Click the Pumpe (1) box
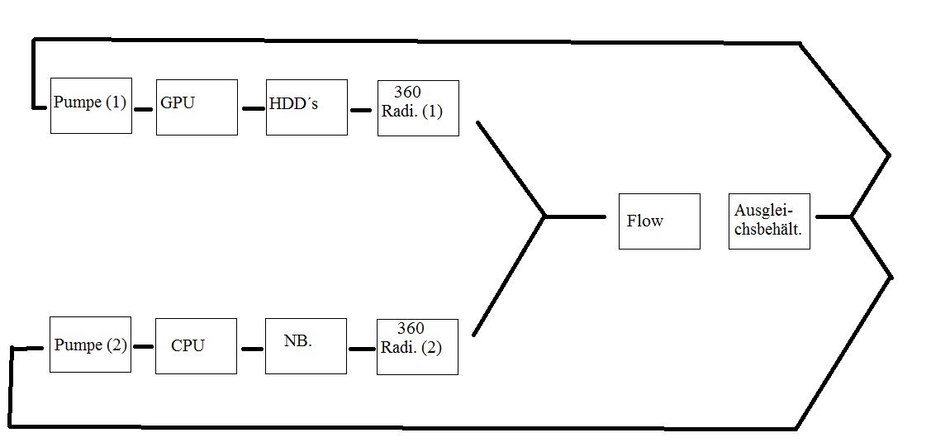[91, 106]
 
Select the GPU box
[197, 107]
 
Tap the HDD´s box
[306, 107]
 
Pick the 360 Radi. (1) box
[418, 108]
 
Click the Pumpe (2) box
[90, 344]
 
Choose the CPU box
[196, 346]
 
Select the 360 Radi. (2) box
[417, 346]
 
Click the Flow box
[659, 221]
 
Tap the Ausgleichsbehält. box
[769, 221]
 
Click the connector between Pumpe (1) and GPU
[144, 109]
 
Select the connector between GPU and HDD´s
[253, 108]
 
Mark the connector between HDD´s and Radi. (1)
[361, 109]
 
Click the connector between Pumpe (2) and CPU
[143, 347]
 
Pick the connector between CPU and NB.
[251, 349]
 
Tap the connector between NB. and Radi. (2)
[361, 349]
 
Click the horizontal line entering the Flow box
[576, 216]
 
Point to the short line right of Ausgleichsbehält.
[833, 217]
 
